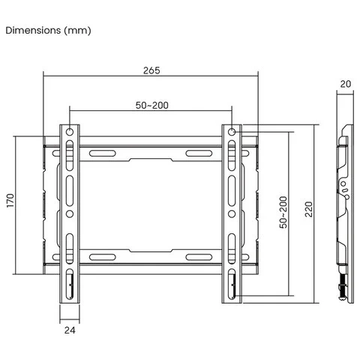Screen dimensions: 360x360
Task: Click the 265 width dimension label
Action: [151, 70]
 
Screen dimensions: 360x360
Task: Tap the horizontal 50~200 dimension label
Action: [152, 105]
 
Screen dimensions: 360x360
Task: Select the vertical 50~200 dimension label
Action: [283, 212]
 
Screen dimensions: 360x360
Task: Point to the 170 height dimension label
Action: [10, 200]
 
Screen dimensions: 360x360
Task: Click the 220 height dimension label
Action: [309, 209]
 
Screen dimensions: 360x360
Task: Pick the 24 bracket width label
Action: [70, 330]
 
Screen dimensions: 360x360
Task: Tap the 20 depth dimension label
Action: [346, 84]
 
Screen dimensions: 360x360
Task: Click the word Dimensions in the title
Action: [33, 30]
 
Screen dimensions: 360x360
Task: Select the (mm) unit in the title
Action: [77, 31]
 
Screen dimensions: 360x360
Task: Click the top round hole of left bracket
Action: [70, 131]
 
